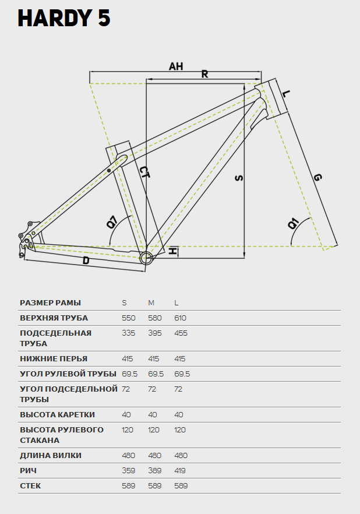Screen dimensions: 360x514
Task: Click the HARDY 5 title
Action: click(x=64, y=18)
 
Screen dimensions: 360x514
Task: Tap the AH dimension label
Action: click(x=176, y=66)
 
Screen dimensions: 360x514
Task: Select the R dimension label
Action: click(x=204, y=74)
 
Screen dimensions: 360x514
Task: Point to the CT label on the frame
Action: click(x=144, y=172)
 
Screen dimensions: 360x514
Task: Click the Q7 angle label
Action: click(x=112, y=221)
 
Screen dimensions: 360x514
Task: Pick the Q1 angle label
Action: click(x=293, y=224)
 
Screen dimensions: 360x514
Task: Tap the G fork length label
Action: click(x=317, y=177)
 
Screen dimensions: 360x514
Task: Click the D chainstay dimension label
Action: click(x=86, y=261)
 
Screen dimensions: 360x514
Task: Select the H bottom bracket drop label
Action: click(x=172, y=251)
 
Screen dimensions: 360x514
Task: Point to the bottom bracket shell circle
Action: click(x=146, y=258)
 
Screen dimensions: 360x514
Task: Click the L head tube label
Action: click(x=286, y=94)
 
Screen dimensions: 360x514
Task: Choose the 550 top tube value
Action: click(x=128, y=318)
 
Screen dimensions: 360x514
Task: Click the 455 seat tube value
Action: click(x=181, y=333)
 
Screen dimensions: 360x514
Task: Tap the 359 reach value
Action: click(x=128, y=471)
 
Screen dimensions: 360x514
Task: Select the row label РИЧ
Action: click(x=28, y=471)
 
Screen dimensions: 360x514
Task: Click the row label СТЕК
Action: click(x=30, y=486)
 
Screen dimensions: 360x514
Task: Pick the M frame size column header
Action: click(x=151, y=303)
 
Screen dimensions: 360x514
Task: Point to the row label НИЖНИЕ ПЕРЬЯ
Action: click(x=54, y=358)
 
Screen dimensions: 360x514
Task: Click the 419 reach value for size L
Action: click(x=180, y=471)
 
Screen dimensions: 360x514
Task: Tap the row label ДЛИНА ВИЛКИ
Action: click(x=51, y=456)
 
